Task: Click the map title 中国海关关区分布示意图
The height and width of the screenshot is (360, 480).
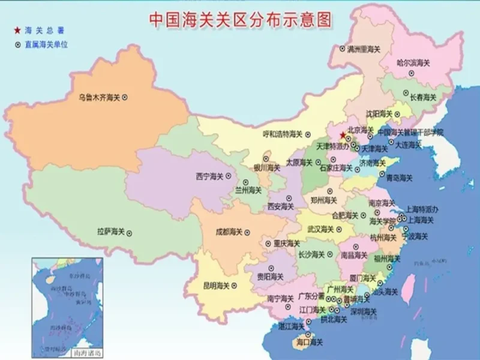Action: point(240,19)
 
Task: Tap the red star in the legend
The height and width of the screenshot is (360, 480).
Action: point(18,30)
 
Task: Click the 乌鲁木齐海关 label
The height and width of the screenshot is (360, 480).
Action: point(100,97)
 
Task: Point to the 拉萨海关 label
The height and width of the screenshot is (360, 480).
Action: point(110,231)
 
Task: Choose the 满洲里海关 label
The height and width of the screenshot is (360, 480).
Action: point(364,49)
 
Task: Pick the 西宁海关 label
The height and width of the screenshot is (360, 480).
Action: point(209,176)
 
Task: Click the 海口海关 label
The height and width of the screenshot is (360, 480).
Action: point(309,342)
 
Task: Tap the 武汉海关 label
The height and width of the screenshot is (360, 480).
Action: point(320,229)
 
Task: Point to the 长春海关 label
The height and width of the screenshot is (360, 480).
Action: point(422,97)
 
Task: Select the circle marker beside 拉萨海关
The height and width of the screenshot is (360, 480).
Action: point(129,232)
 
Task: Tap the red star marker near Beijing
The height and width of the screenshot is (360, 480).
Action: point(342,134)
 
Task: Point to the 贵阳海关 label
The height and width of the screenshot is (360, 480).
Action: point(270,277)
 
